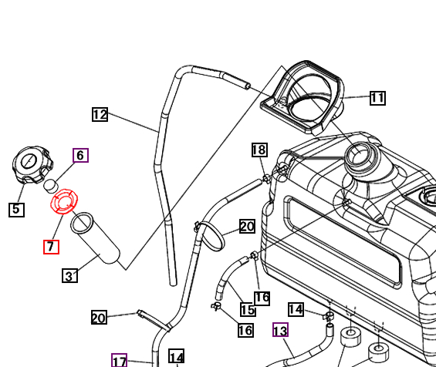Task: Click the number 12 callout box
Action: [x=100, y=115]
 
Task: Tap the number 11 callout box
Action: [x=377, y=98]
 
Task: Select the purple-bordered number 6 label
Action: [x=80, y=155]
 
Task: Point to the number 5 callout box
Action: [x=16, y=208]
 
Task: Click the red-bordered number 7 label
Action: [x=51, y=247]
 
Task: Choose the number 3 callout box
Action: [x=69, y=275]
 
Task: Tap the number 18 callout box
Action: [x=259, y=150]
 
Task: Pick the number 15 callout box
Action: [x=247, y=310]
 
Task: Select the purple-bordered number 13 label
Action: [x=280, y=331]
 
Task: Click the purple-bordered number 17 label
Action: [x=119, y=361]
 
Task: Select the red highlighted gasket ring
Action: [x=65, y=203]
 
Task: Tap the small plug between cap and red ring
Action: [x=51, y=185]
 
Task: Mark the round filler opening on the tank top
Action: [x=360, y=157]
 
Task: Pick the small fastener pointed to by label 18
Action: [x=267, y=179]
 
